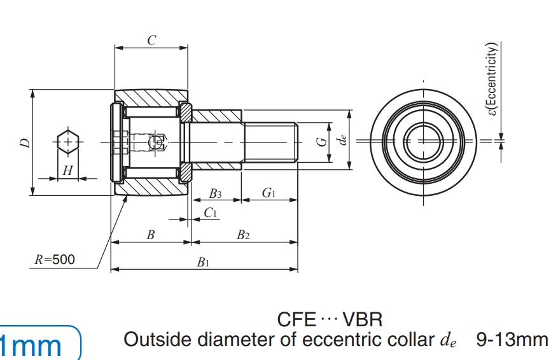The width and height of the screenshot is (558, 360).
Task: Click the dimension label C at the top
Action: (x=151, y=39)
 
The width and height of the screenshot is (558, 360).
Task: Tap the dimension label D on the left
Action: (x=24, y=142)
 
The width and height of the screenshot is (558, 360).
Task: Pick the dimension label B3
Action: (x=215, y=193)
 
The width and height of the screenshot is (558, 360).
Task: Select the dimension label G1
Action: (x=269, y=193)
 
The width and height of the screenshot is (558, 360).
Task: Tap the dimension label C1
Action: (x=211, y=213)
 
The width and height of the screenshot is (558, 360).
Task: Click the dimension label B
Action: (x=151, y=235)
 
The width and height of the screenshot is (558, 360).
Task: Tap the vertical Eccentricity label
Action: (x=492, y=80)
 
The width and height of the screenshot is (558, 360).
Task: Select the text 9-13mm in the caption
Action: (x=512, y=339)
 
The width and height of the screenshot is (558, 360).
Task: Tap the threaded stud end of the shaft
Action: (x=271, y=142)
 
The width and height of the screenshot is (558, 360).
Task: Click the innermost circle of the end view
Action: (x=423, y=141)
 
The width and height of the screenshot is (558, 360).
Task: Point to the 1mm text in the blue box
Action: (x=32, y=345)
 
